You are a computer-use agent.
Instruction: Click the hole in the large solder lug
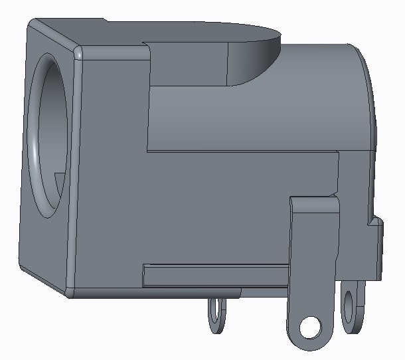point(309,326)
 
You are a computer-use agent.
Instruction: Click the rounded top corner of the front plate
point(78,52)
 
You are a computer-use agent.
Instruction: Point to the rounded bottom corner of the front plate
point(70,290)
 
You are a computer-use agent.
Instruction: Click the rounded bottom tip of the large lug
point(309,345)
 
